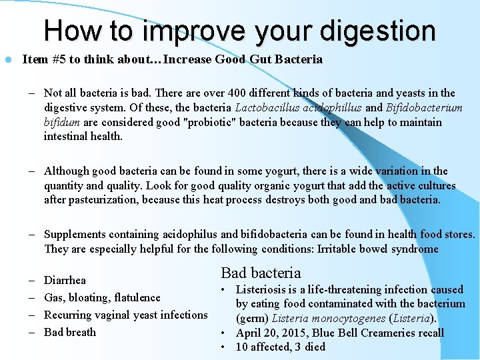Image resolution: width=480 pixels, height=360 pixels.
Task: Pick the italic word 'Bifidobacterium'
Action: tap(424, 108)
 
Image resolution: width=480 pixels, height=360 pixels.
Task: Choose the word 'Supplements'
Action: tap(76, 234)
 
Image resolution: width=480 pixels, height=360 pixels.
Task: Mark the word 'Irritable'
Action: tap(344, 249)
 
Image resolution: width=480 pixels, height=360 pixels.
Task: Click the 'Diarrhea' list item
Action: tap(65, 281)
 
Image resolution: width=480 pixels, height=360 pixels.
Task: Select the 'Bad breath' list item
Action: tap(70, 332)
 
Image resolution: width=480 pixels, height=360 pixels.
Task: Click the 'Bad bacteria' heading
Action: tap(261, 273)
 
